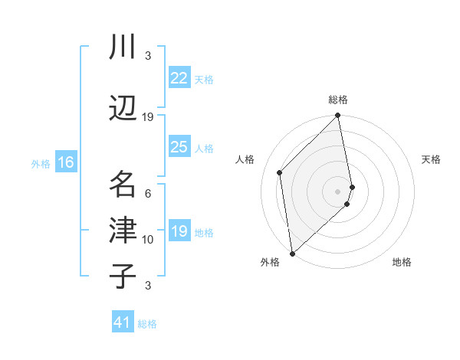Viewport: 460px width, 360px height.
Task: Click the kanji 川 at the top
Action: (x=122, y=47)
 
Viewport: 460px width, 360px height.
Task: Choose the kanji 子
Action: (x=122, y=275)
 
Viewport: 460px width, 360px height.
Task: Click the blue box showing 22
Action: (x=179, y=78)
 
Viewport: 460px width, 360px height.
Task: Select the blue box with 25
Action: (x=179, y=147)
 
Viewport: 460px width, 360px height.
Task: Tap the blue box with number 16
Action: (x=65, y=162)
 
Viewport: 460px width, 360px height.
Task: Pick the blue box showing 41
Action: (x=123, y=323)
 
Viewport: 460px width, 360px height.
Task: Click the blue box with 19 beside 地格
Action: (x=179, y=231)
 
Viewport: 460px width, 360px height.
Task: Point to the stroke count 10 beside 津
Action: (x=148, y=240)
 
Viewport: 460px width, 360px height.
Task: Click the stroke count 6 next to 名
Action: (x=148, y=194)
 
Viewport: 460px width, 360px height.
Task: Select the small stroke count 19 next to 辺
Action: (x=148, y=116)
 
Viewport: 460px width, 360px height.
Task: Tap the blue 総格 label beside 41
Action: (x=147, y=324)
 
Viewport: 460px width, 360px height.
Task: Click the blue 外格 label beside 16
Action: (x=41, y=163)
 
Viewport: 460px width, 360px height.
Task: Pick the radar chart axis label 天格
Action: (x=431, y=159)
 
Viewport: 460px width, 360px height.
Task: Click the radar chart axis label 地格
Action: (x=402, y=262)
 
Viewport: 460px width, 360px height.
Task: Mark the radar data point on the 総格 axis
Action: (x=337, y=116)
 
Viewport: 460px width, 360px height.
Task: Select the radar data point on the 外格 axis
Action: (x=292, y=253)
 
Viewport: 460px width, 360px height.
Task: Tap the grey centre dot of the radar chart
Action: (x=337, y=191)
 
